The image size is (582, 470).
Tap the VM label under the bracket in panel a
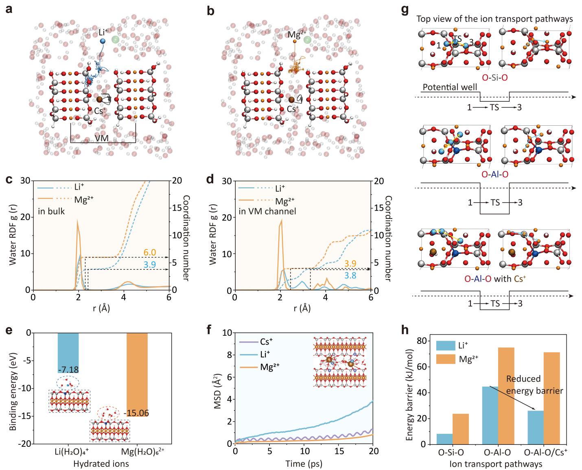coord(102,138)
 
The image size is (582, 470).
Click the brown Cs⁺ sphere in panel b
coord(291,100)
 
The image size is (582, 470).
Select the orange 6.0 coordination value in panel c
coord(150,252)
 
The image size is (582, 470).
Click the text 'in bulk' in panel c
coord(51,211)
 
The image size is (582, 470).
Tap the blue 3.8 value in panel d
coord(350,275)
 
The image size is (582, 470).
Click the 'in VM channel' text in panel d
coord(267,211)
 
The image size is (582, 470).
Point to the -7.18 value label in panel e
coord(68,369)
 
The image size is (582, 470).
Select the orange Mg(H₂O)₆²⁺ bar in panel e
coord(137,374)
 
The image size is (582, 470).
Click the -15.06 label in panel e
coord(136,413)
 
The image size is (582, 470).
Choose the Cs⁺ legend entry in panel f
coord(256,342)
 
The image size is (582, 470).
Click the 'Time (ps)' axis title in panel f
coord(304,463)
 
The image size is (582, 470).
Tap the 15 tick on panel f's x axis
coord(339,451)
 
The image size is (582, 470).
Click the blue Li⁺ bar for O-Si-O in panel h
coord(444,439)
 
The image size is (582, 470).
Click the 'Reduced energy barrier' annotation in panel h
coord(534,385)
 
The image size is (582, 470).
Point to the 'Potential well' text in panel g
coord(450,87)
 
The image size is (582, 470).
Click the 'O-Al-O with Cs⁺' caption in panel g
coord(495,279)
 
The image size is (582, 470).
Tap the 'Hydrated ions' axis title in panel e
coord(101,464)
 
